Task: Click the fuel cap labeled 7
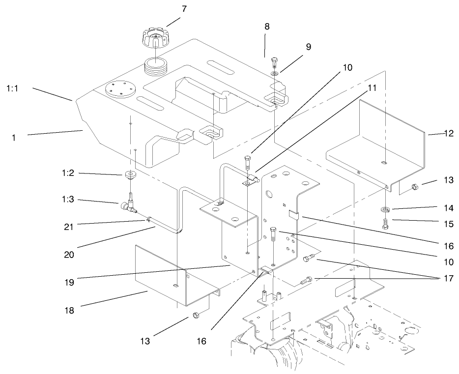coord(154,39)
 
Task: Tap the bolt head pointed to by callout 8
coord(274,60)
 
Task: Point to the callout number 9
coord(308,47)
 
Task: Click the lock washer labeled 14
coord(385,210)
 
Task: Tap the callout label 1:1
coord(14,88)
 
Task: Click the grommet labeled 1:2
coord(130,175)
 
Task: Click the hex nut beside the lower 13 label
coord(195,315)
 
